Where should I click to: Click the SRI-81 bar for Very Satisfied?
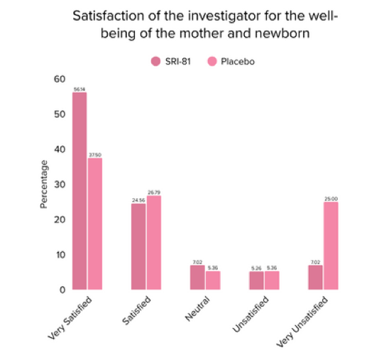point(79,191)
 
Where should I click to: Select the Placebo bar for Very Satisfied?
point(95,224)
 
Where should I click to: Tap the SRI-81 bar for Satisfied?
point(138,246)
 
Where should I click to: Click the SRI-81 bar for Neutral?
point(197,278)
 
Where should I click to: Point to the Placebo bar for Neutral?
point(213,280)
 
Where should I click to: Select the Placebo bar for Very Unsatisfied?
point(331,246)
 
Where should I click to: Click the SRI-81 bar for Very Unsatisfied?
point(315,278)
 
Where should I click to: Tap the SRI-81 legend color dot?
point(155,62)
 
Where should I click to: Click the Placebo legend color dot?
point(212,62)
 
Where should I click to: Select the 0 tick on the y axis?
point(63,290)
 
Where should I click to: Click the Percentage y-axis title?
point(44,184)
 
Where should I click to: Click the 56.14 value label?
point(79,89)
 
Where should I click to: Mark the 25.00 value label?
point(331,199)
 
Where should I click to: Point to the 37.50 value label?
point(95,155)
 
